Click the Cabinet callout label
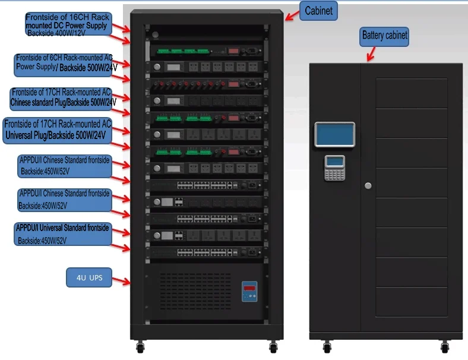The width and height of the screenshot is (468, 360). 320,11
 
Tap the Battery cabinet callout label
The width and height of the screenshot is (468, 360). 385,36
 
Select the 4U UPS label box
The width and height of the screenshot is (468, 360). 88,277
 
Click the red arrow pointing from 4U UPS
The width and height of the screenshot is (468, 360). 121,280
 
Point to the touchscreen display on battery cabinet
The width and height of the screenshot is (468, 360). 334,135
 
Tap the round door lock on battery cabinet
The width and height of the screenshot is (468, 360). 368,186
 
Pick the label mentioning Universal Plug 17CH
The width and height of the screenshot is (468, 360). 57,130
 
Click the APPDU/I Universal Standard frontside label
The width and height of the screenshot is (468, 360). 63,234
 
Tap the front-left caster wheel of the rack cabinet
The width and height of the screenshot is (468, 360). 140,346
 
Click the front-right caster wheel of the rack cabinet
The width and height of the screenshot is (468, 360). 273,346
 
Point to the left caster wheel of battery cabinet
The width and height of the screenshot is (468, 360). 325,346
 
